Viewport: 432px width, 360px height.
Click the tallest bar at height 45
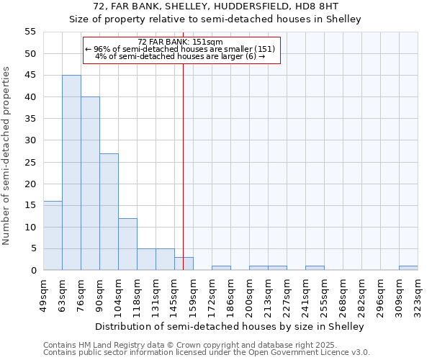[71, 173]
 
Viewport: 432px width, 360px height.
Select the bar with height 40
[90, 184]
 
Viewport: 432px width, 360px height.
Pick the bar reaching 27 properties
[109, 212]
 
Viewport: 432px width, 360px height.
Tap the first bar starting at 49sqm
[53, 235]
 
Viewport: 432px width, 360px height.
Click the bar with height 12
[127, 244]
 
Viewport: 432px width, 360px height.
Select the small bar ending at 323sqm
[408, 268]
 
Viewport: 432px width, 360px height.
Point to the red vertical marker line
[184, 166]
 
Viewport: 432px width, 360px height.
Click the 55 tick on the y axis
[30, 32]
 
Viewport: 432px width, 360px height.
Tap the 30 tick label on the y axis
[30, 140]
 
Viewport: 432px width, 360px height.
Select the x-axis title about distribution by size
[230, 326]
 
